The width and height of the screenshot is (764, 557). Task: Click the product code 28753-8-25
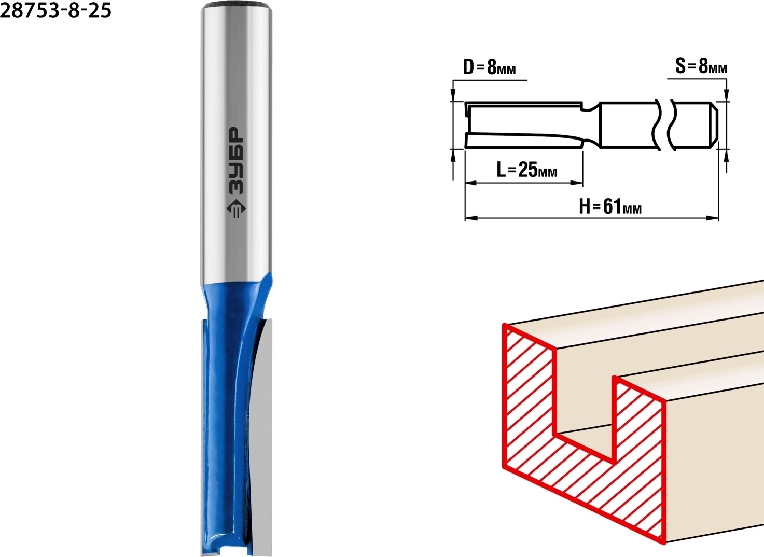(x=55, y=10)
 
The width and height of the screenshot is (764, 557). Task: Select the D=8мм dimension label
(x=490, y=67)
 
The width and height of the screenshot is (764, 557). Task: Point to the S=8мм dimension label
(x=701, y=66)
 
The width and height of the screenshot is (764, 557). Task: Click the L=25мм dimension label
(x=526, y=169)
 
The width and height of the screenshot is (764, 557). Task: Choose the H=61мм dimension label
(x=610, y=206)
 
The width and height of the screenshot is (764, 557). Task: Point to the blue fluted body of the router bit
(x=225, y=409)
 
